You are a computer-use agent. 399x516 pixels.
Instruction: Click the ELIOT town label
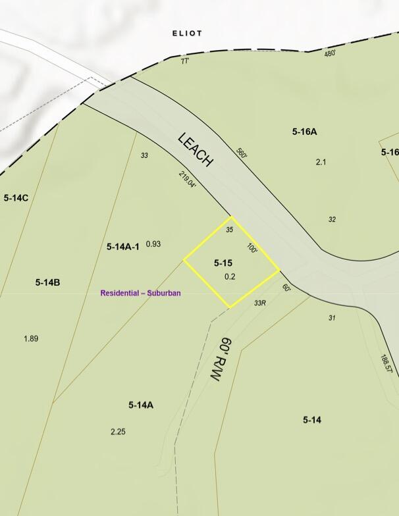tap(187, 33)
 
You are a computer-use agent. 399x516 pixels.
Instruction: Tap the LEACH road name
tap(196, 150)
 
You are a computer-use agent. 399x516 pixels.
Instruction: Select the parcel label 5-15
tap(223, 263)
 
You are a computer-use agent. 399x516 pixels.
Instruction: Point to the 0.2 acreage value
tap(230, 277)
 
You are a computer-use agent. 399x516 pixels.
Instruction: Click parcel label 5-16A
tap(305, 132)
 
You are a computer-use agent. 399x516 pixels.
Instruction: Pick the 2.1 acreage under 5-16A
tap(321, 162)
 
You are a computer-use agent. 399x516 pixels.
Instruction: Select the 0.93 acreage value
tap(153, 244)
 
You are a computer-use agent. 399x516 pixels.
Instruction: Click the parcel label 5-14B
tap(48, 282)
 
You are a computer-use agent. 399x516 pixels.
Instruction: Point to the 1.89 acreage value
tap(31, 338)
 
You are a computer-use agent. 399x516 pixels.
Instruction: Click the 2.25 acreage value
tap(118, 432)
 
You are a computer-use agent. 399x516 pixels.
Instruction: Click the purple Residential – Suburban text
tap(140, 293)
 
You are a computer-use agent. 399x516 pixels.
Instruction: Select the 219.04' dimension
tap(188, 180)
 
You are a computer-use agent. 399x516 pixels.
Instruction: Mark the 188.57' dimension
tap(386, 364)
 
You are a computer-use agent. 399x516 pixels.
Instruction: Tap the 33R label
tap(259, 303)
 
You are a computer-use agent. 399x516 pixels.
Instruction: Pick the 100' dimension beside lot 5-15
tap(252, 248)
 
